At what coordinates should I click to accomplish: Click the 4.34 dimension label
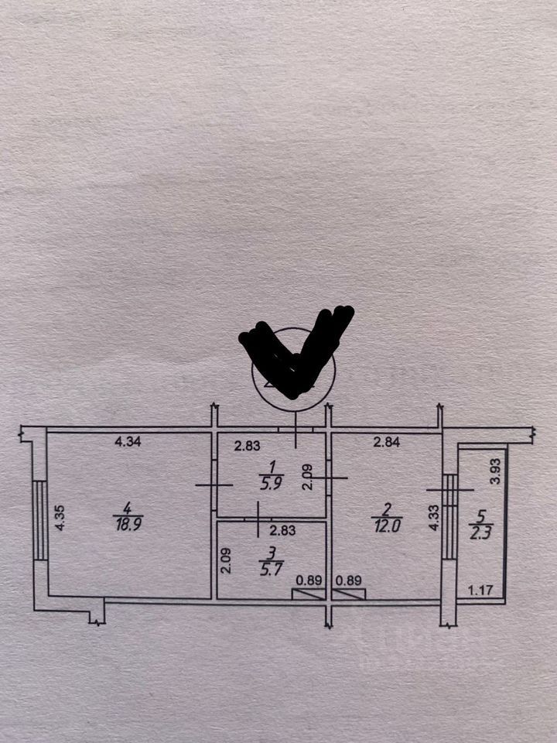tap(128, 443)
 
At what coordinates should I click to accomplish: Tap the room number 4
tap(127, 508)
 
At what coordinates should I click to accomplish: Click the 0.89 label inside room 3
tap(309, 579)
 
